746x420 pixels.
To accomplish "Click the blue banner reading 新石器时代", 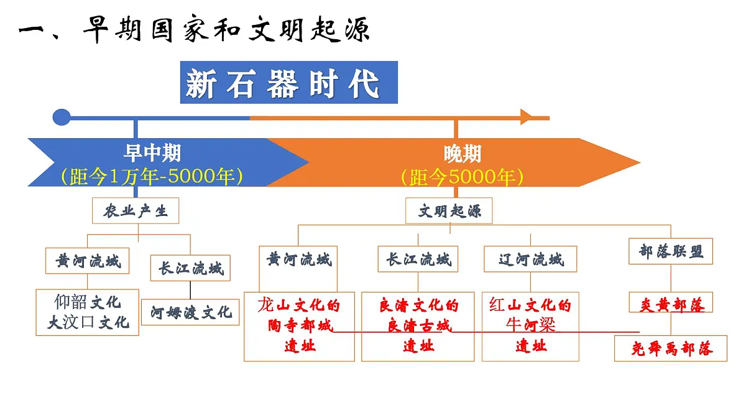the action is (288, 82).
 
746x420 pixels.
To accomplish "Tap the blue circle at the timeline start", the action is (62, 118).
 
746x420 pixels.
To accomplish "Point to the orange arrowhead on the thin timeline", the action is (527, 117).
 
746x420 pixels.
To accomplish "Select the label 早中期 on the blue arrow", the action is (152, 153).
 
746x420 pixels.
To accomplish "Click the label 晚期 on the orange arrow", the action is (463, 154).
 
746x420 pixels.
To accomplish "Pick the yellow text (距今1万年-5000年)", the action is (152, 176).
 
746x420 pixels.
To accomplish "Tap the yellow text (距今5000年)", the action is (463, 177).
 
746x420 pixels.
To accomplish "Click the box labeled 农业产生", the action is (136, 211).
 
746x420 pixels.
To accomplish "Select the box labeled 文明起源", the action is (449, 211).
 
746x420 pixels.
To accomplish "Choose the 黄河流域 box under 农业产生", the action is (87, 261).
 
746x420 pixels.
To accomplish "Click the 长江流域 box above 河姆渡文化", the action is (190, 268).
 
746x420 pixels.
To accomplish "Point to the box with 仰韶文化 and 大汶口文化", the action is (87, 312).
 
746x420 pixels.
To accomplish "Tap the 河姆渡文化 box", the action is (190, 312).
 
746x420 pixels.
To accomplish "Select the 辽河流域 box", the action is (530, 259).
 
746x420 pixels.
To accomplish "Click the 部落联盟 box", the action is (671, 251).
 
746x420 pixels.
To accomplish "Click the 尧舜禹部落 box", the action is (671, 348).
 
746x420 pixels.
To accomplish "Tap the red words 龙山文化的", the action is (299, 306).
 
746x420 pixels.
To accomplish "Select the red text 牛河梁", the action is (530, 325).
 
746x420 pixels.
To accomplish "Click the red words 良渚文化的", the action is (419, 306).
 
